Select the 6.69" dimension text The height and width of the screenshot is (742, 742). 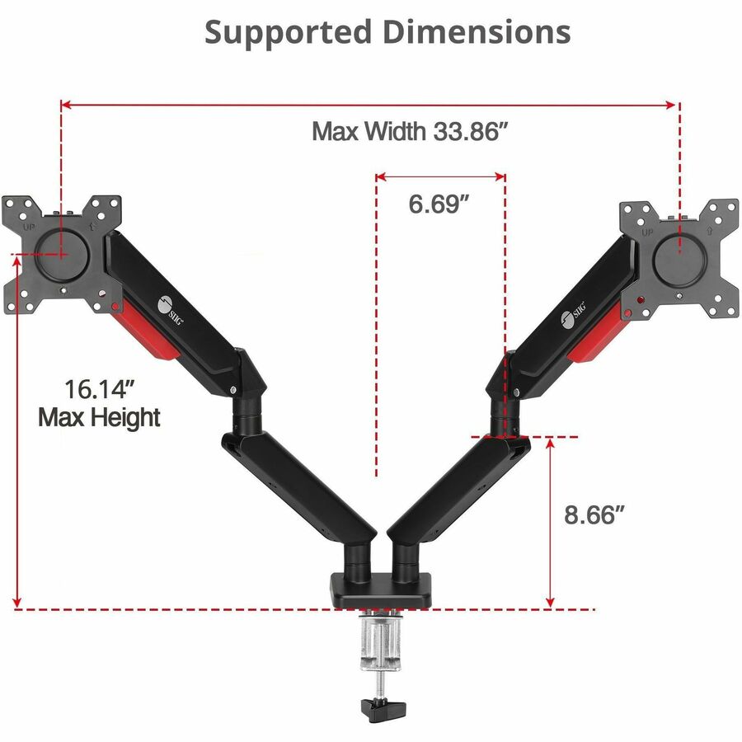[x=439, y=204]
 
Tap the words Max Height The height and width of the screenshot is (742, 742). [x=99, y=417]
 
